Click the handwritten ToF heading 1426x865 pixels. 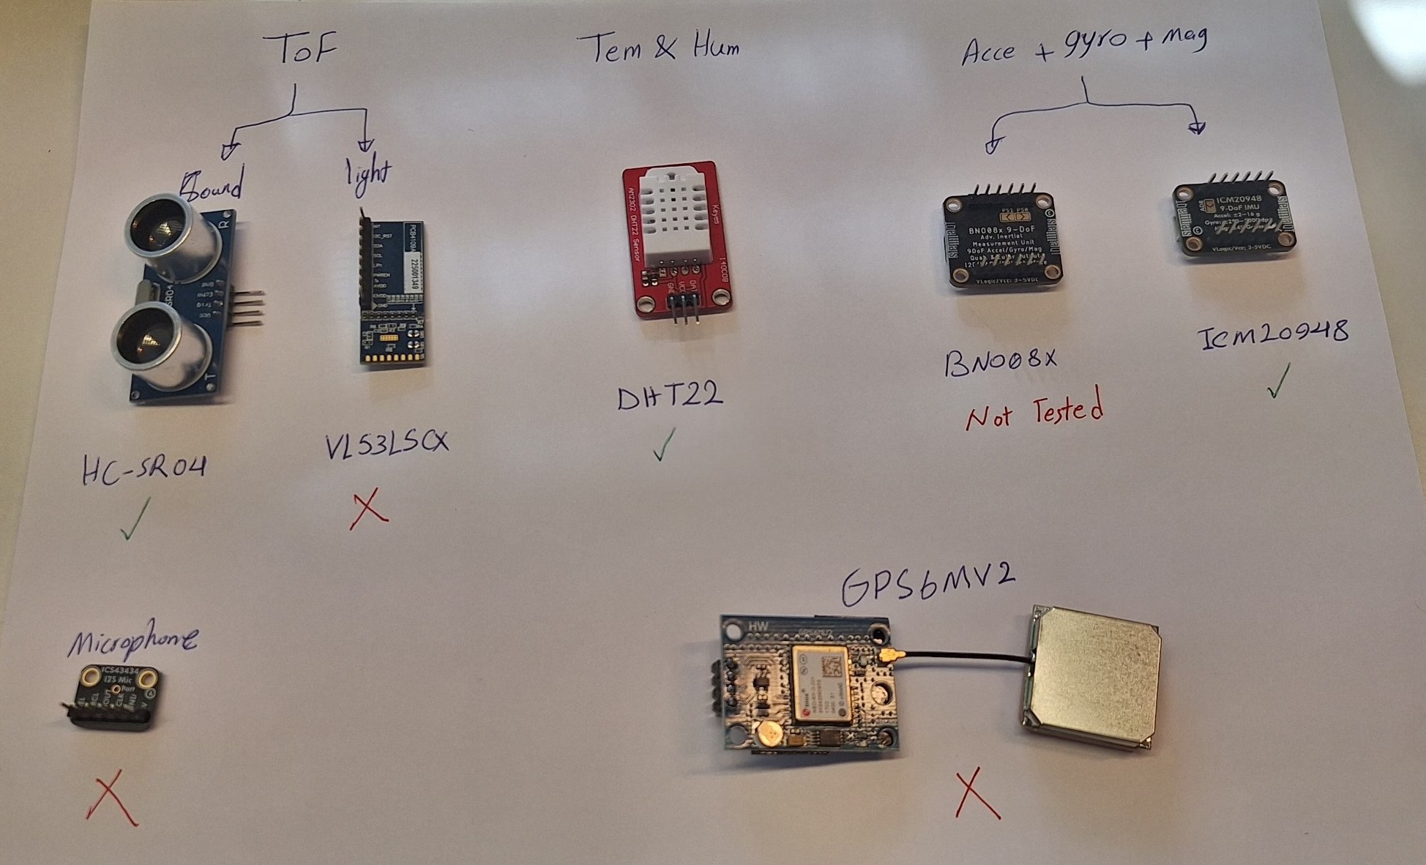coord(305,49)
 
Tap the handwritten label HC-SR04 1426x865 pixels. coord(144,469)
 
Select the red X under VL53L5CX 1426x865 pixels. coord(368,509)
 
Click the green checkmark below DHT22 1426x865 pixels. coord(663,444)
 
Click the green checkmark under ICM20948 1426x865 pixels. coord(1277,381)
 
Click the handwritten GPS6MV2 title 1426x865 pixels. coord(927,585)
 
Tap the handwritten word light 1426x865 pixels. coord(367,174)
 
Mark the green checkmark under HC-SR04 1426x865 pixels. coord(135,517)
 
